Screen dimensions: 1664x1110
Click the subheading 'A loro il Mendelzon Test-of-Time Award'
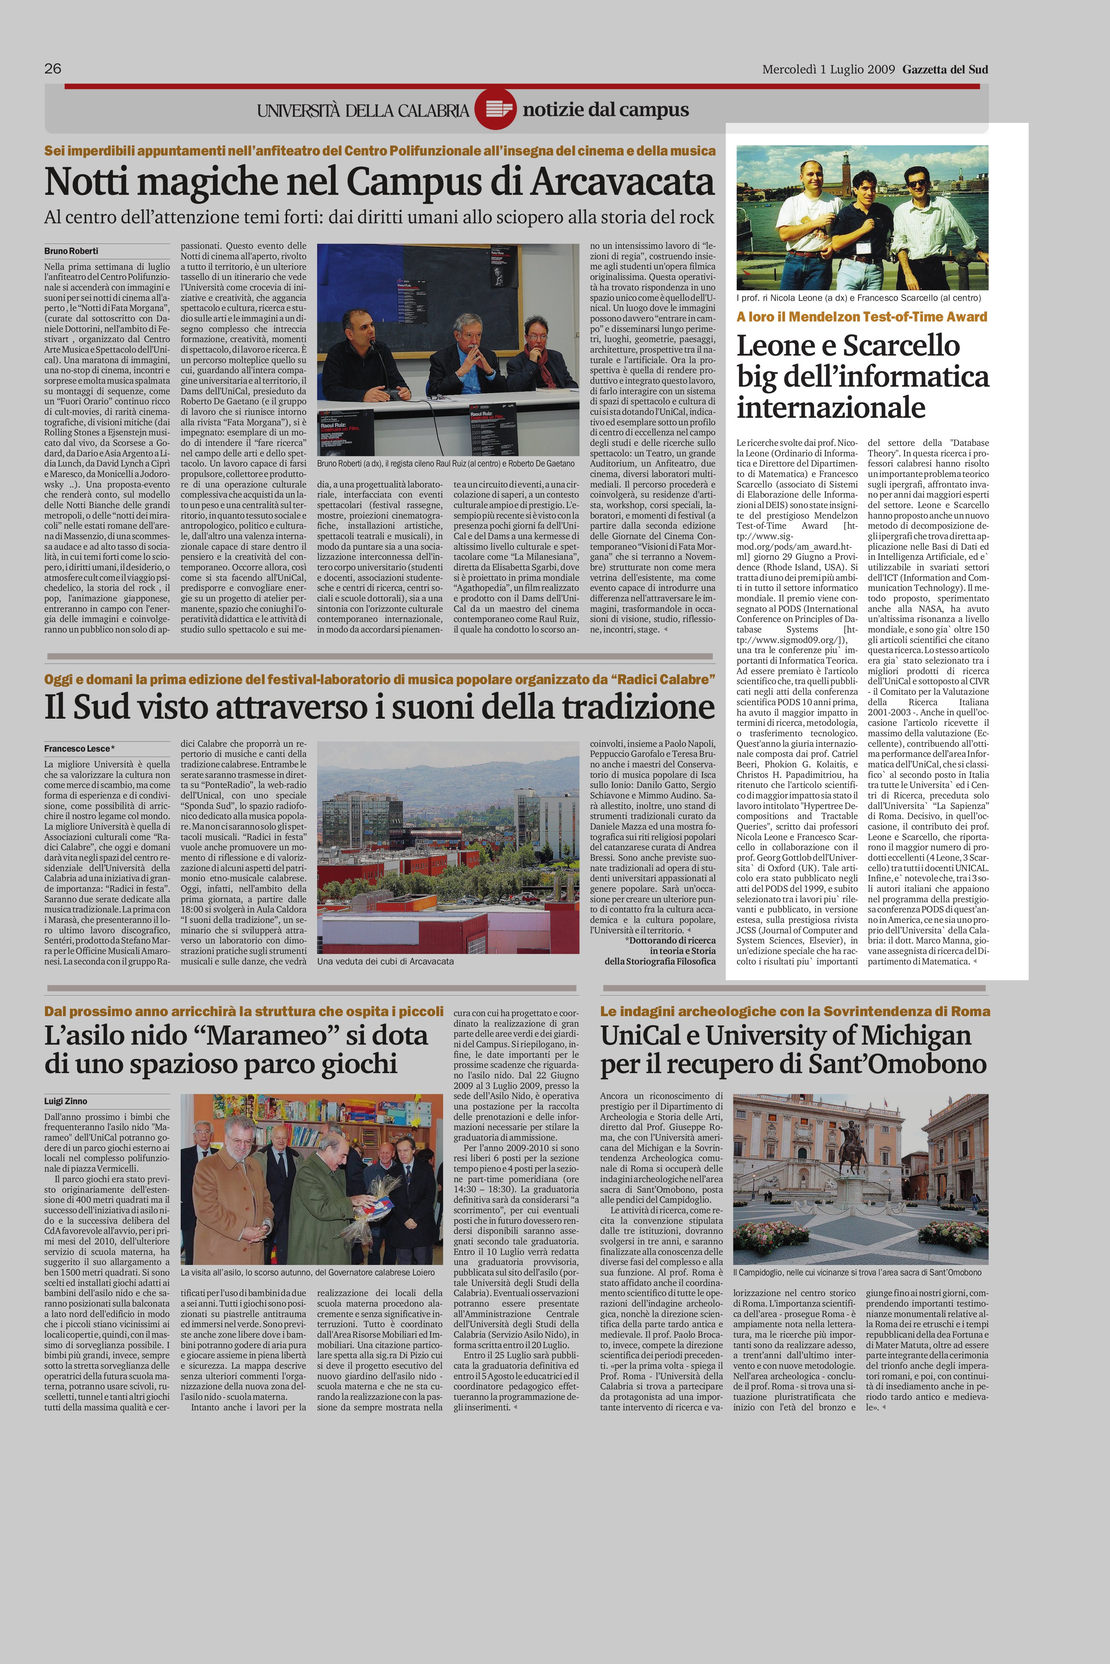pos(861,317)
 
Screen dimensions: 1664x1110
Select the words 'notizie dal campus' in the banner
pos(605,110)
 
